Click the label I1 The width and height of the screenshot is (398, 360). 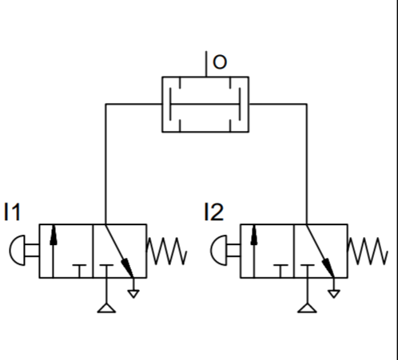[12, 212]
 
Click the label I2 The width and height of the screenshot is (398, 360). [214, 212]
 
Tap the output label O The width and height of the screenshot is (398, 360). [220, 62]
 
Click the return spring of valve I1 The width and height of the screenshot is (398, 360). [166, 251]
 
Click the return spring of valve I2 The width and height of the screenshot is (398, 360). [368, 251]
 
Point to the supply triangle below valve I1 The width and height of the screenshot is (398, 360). [106, 308]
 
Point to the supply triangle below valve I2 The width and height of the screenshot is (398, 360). [307, 308]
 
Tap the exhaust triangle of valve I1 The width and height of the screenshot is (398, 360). [133, 294]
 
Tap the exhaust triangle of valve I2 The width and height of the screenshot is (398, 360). [334, 294]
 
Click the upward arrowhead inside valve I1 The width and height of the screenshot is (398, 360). [54, 235]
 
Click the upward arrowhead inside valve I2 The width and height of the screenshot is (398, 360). [254, 235]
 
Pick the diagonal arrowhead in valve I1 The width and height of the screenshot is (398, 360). [127, 267]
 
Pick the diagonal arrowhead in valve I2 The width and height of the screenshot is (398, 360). [328, 267]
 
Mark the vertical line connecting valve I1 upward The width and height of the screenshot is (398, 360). [105, 164]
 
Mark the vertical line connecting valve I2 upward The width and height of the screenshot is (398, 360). [307, 164]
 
